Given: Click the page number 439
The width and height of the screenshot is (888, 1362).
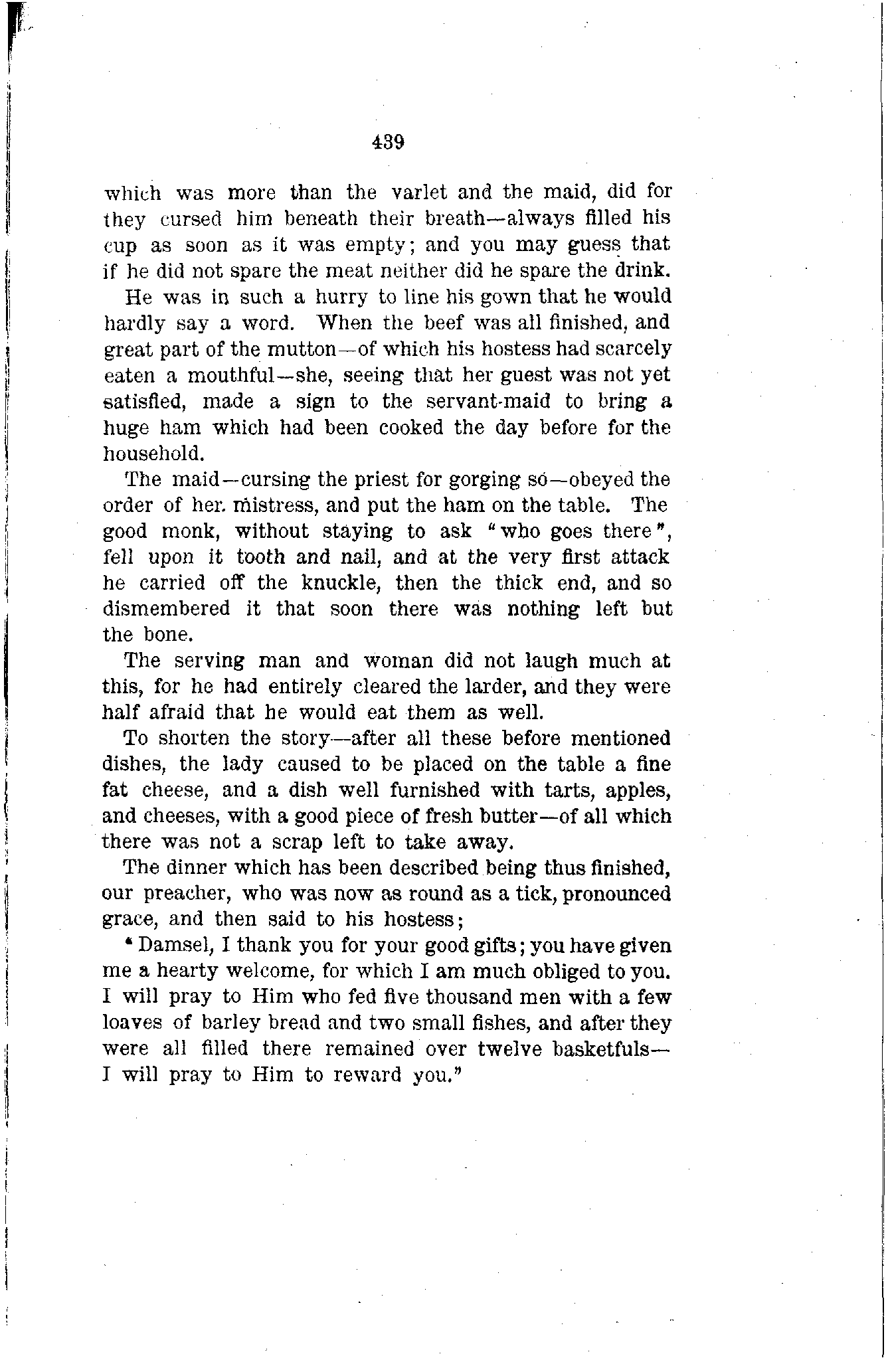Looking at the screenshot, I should click(x=389, y=141).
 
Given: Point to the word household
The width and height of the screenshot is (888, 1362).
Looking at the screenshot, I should click(x=152, y=454).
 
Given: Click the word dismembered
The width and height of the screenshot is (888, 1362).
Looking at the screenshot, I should click(x=166, y=610).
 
